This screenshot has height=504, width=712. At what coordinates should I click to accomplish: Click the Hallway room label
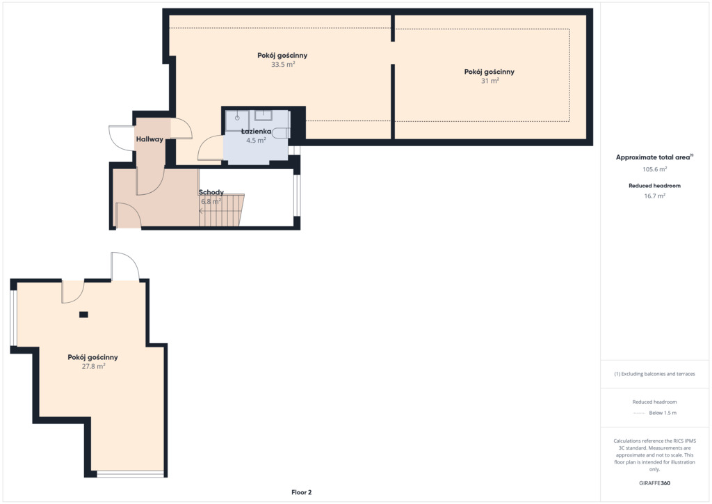pos(149,139)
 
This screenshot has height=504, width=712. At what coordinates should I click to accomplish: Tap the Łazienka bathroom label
pos(256,132)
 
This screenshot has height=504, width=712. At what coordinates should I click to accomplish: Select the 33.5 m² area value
pos(283,65)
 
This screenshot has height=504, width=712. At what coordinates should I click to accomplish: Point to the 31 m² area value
pos(490,81)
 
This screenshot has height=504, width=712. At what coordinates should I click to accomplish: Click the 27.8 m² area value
pos(93,366)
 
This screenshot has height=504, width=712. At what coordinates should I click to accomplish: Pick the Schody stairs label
pos(211,192)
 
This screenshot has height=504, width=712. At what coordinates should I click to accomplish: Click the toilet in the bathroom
pos(282,133)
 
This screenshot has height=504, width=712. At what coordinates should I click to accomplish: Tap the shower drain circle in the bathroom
pos(237,118)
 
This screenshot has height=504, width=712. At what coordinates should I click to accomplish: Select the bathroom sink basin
pos(264,115)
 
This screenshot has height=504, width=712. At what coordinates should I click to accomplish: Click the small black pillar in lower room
pos(83,315)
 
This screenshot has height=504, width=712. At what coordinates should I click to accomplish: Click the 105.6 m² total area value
pos(654,169)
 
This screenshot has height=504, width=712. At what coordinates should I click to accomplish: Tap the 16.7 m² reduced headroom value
pos(654,196)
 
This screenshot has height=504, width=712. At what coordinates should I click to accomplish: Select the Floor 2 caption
pos(302,492)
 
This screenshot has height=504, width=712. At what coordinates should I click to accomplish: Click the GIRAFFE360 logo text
pos(654,483)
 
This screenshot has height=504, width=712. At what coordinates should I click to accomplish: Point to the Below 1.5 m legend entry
pos(663,413)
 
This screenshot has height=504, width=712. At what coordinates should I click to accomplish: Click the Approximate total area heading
pos(653,157)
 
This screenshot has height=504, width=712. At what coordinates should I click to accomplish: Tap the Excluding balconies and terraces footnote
pos(654,374)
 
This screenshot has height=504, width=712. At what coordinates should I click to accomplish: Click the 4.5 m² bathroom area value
pos(256,141)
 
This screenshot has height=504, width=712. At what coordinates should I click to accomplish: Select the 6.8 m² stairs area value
pos(211,201)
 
